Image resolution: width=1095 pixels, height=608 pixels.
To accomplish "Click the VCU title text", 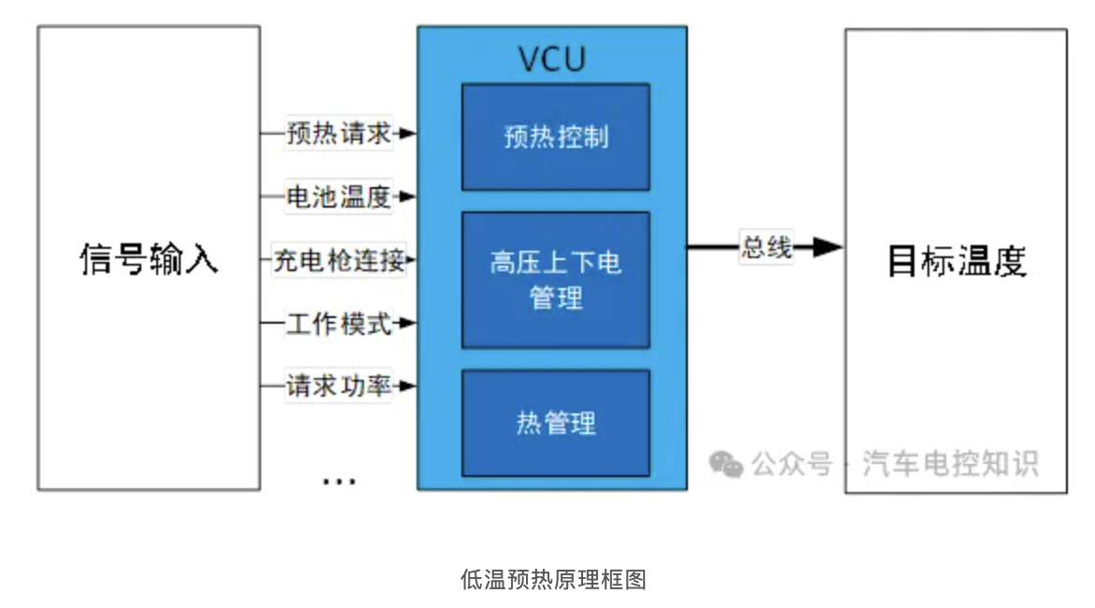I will pos(552,58).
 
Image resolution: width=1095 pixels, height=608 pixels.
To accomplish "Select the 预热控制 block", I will pos(555,137).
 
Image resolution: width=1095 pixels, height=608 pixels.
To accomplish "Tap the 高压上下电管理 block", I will pos(555,280).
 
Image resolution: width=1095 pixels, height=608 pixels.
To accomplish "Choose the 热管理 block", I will pos(555,423).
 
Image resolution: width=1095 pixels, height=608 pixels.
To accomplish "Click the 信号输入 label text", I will pos(149,259).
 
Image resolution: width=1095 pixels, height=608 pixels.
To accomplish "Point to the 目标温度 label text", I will pos(956,261).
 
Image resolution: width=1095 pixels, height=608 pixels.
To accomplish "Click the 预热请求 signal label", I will pos(338,134).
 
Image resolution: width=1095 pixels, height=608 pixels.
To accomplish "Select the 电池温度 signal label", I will pos(338,197).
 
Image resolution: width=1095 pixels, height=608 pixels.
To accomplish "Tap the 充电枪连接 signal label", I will pos(338,260).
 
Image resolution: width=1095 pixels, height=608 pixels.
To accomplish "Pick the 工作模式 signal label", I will pos(338,324).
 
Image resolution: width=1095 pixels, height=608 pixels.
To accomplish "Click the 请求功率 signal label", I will pos(338,385).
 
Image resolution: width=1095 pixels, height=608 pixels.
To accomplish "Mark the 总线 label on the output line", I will pos(766,248).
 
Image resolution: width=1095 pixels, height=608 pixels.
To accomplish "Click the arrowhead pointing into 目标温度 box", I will pos(827,248).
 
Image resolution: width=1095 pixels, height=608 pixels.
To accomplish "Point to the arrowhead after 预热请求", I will pos(406,134).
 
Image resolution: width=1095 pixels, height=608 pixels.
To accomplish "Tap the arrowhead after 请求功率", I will pos(406,385).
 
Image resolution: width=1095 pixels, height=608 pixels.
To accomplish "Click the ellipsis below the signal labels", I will pos(339,481).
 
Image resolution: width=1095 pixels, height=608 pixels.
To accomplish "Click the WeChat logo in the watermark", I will pos(725,463).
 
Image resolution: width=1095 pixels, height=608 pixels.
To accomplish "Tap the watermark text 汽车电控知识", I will pos(949,463).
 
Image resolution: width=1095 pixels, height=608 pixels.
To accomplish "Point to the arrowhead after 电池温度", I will pos(406,197).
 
